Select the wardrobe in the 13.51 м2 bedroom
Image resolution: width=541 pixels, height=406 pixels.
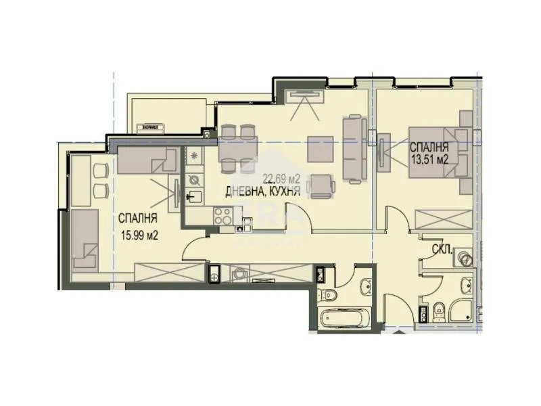click(443, 220)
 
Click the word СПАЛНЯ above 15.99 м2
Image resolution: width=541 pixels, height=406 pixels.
click(138, 219)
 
